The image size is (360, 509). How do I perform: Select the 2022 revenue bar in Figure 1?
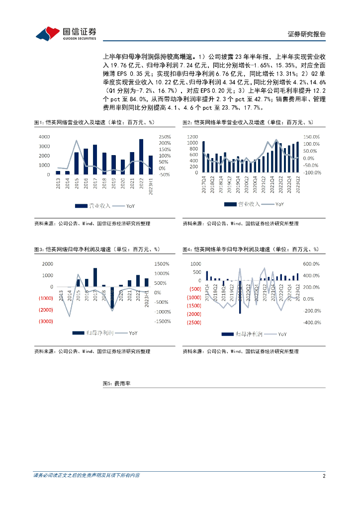[x=141, y=157]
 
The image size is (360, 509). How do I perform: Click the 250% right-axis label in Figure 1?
[x=165, y=137]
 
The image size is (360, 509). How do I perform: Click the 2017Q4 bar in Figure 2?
[x=203, y=157]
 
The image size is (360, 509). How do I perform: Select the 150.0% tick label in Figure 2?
[x=312, y=137]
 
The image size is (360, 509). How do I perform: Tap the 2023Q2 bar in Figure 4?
[x=298, y=277]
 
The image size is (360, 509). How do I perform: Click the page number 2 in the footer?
[x=324, y=476]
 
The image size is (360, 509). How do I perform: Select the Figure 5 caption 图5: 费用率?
[x=116, y=384]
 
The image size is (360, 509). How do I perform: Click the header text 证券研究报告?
[x=307, y=34]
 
